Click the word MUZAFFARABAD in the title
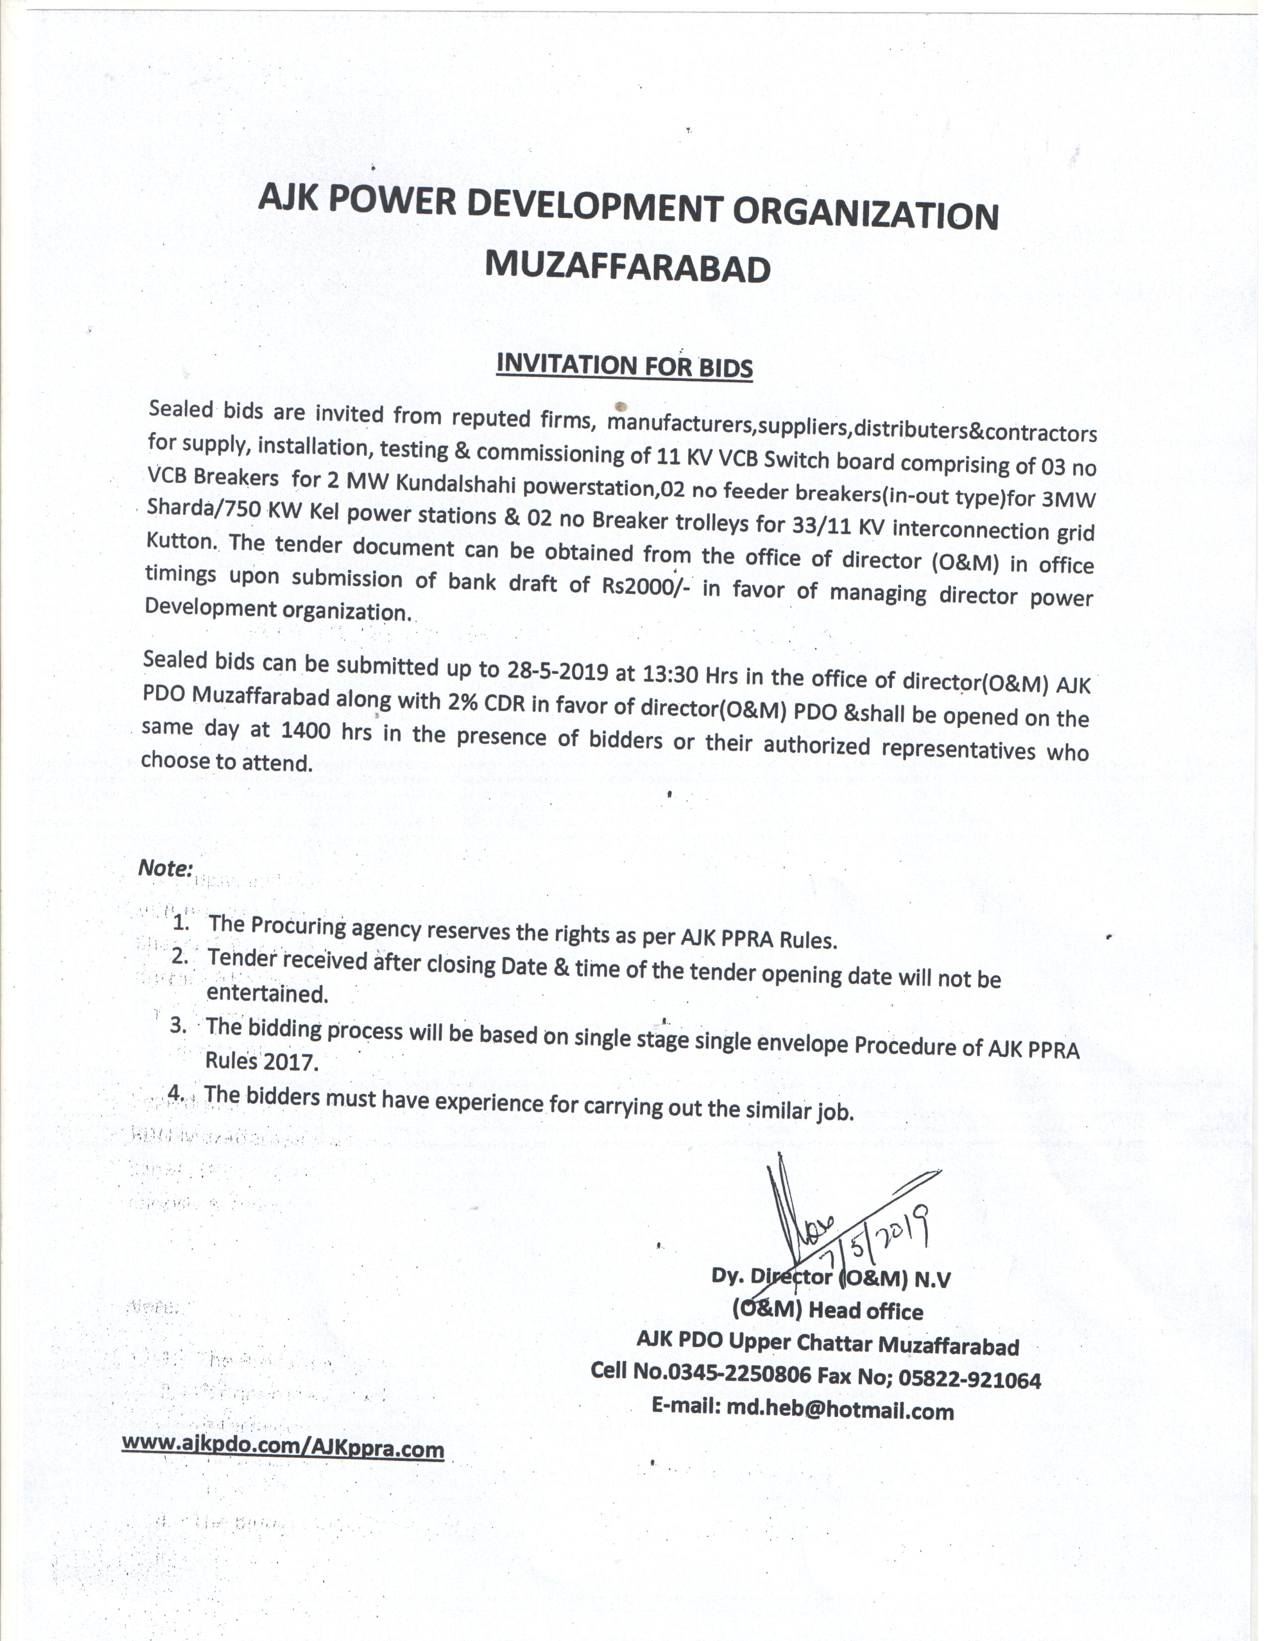(627, 267)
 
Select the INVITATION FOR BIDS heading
(624, 365)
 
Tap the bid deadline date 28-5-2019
(557, 669)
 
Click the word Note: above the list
(165, 868)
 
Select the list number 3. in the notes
(178, 1025)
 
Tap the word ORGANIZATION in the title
(865, 214)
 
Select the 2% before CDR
(463, 701)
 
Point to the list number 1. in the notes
(181, 922)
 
